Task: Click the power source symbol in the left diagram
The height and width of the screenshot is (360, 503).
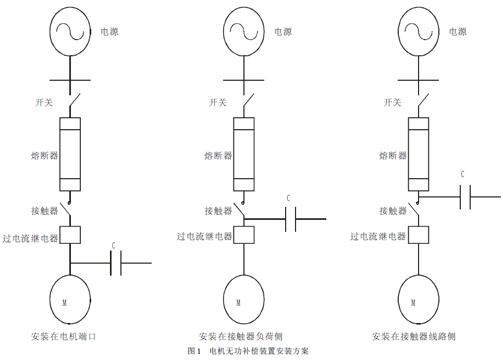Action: point(70,32)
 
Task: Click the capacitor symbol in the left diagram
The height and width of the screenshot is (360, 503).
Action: point(116,263)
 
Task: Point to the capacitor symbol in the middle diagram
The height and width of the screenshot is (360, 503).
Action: point(291,219)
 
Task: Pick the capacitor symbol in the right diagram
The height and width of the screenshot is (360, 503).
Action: point(465,197)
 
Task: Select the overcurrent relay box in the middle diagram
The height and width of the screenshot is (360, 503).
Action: point(243,234)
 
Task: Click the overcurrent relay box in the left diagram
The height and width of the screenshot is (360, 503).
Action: point(70,234)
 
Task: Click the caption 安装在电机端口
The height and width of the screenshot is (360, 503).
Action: point(64,337)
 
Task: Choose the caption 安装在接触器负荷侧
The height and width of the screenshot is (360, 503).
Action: point(241,337)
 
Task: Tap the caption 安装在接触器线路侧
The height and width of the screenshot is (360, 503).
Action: point(414,337)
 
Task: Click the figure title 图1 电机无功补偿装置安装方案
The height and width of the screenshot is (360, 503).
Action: point(248,351)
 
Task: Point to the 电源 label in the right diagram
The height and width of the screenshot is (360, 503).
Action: point(458,32)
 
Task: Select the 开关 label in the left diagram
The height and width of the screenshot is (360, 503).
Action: point(44,102)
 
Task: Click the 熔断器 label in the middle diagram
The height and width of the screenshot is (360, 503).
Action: point(218,155)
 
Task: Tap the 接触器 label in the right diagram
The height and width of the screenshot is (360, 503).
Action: point(393,211)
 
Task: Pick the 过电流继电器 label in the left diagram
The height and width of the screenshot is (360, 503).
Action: point(30,239)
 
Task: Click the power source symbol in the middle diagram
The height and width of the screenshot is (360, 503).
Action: point(243,32)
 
